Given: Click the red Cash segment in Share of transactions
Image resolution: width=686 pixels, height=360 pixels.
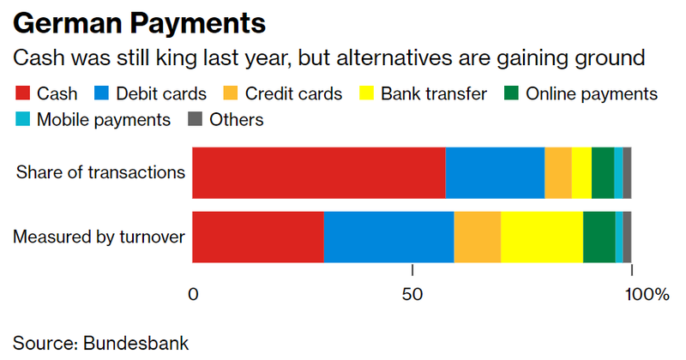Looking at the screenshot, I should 318,172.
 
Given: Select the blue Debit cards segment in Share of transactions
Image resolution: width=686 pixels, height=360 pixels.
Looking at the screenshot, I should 495,172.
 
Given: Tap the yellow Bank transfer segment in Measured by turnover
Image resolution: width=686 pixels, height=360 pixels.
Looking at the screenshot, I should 541,236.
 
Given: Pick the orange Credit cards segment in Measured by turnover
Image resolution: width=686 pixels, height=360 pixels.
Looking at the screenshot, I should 477,236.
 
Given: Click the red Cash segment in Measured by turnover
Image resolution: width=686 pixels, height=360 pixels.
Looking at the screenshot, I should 257,236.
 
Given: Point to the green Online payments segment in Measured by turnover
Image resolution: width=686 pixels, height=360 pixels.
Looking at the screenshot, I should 599,236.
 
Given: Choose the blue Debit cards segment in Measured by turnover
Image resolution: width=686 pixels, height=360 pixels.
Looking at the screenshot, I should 388,236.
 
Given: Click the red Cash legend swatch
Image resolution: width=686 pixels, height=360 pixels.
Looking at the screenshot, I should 22,93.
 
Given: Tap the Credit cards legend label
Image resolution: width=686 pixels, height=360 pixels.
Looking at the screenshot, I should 294,93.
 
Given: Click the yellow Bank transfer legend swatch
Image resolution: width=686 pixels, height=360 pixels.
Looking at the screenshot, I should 366,93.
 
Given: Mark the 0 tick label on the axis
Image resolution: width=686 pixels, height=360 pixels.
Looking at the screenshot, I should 193,296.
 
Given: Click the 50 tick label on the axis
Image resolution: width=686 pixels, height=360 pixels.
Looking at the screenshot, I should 412,296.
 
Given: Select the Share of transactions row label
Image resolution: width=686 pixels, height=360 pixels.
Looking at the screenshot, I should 99,172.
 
